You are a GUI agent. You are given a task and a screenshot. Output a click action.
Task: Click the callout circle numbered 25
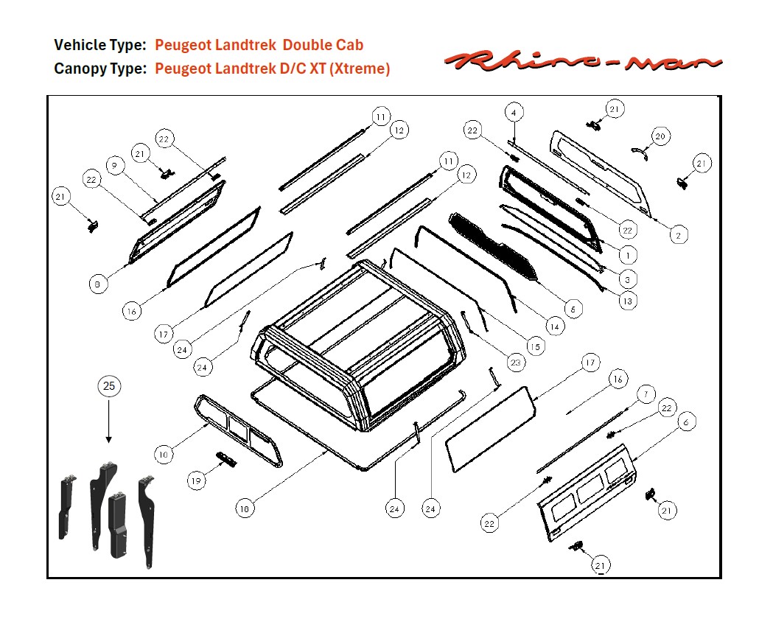(x=109, y=385)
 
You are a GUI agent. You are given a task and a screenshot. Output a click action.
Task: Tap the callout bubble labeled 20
(x=660, y=136)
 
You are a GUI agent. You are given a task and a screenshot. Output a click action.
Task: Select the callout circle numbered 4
(x=514, y=113)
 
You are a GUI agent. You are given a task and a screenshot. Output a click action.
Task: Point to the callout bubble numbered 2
(x=678, y=234)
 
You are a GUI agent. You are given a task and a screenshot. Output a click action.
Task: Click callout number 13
(x=628, y=300)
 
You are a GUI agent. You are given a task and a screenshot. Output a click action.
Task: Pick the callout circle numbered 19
(x=195, y=481)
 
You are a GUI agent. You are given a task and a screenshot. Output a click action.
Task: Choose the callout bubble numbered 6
(x=685, y=422)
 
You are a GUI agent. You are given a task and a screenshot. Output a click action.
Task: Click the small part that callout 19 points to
(x=226, y=460)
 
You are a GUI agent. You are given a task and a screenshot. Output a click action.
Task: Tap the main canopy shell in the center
(x=361, y=339)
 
